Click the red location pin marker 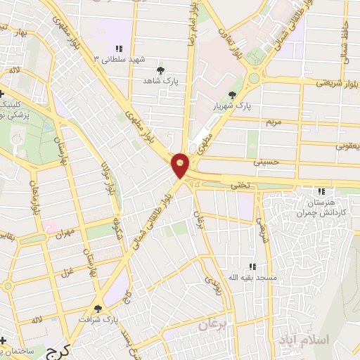click(181, 165)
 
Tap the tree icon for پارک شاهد click(162, 70)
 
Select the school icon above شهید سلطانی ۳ click(120, 49)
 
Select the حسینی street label click(271, 162)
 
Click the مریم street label click(272, 122)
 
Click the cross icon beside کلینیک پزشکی click(4, 94)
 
